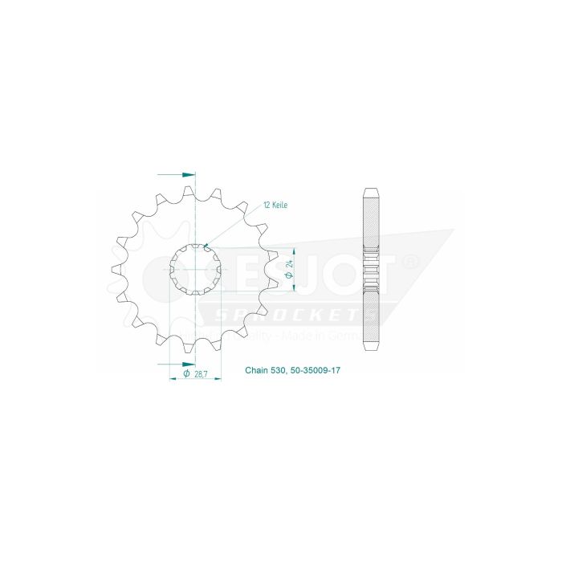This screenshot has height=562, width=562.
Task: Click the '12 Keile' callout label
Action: [x=275, y=206]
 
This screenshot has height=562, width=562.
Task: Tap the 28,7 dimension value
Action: [x=199, y=373]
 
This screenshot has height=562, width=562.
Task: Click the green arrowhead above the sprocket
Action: [x=189, y=173]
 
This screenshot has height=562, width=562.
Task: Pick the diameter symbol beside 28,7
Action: [x=186, y=373]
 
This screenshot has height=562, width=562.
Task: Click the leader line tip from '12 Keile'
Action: [x=206, y=245]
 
